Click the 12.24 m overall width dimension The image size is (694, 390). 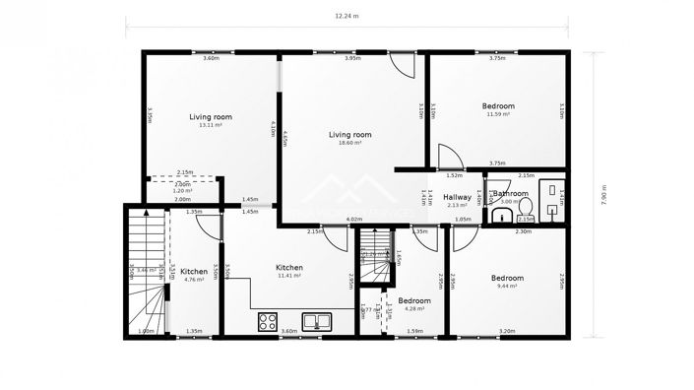(347, 16)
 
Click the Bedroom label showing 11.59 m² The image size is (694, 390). (497, 106)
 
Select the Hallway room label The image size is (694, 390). (458, 198)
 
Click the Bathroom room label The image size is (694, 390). (512, 195)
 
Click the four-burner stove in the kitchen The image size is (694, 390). (268, 321)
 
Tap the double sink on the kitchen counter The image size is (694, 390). (317, 321)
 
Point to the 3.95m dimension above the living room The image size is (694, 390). (352, 59)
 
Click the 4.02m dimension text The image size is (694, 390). (355, 220)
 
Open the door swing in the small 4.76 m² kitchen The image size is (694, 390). (207, 224)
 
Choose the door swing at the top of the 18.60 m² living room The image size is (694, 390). (403, 66)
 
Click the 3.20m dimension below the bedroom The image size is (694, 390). (507, 332)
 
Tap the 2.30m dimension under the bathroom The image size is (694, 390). (524, 231)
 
